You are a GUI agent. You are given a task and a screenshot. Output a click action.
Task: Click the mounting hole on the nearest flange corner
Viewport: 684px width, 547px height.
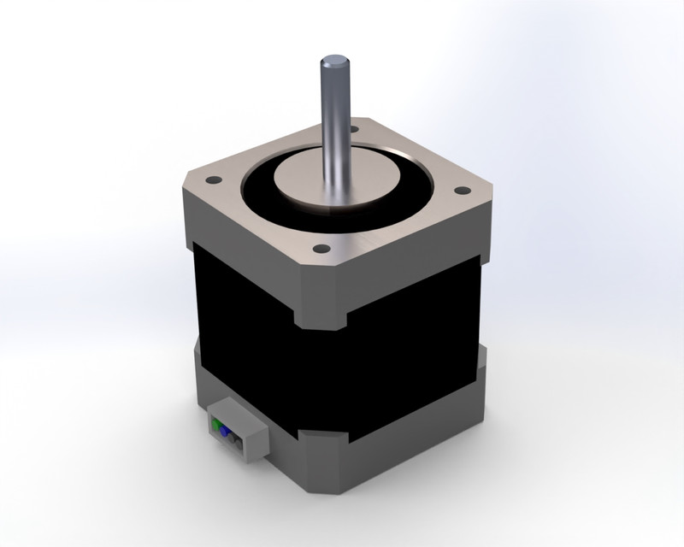click(321, 249)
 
